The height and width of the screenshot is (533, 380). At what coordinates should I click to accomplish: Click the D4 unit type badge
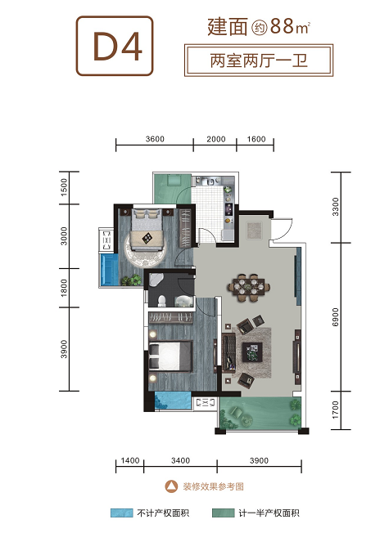[x=115, y=46]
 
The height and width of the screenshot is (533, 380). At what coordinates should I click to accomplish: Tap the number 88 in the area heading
[x=283, y=26]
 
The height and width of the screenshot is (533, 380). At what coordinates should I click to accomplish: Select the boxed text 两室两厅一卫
[x=259, y=60]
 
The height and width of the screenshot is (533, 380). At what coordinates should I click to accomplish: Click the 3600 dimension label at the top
[x=155, y=139]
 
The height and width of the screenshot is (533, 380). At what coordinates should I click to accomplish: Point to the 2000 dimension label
[x=216, y=139]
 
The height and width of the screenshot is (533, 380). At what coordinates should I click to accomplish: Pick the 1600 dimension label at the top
[x=256, y=139]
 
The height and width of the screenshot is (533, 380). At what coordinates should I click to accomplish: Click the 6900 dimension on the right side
[x=336, y=317]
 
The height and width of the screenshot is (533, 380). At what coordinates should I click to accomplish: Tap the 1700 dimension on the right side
[x=336, y=410]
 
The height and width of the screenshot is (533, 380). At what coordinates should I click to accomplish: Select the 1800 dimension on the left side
[x=64, y=288]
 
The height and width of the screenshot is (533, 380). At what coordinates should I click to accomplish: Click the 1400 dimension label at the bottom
[x=130, y=460]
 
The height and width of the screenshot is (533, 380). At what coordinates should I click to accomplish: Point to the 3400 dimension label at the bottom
[x=180, y=460]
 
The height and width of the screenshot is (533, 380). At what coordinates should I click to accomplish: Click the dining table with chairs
[x=251, y=288]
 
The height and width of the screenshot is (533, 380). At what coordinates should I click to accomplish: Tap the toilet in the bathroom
[x=161, y=301]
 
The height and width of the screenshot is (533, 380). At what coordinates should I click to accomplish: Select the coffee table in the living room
[x=252, y=352]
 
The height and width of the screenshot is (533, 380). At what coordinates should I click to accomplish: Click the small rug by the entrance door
[x=254, y=231]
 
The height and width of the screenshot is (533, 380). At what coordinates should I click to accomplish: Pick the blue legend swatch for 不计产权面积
[x=121, y=513]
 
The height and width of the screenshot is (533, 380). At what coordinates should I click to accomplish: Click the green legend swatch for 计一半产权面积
[x=223, y=513]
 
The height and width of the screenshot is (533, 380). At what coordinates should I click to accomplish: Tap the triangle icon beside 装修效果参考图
[x=172, y=486]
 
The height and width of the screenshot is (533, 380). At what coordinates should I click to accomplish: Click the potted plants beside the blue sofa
[x=132, y=280]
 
